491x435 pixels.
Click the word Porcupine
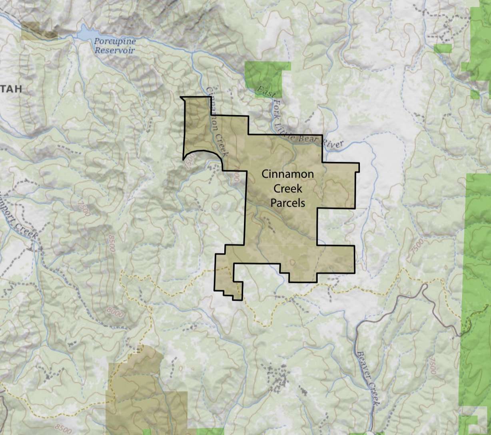coord(115,41)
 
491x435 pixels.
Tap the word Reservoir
coord(115,50)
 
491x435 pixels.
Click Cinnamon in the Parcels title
coord(287,174)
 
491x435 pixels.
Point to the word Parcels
coord(287,203)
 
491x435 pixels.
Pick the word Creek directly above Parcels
coord(287,188)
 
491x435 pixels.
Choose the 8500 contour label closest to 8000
coord(111,244)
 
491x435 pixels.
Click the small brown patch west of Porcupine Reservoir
coord(39,31)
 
